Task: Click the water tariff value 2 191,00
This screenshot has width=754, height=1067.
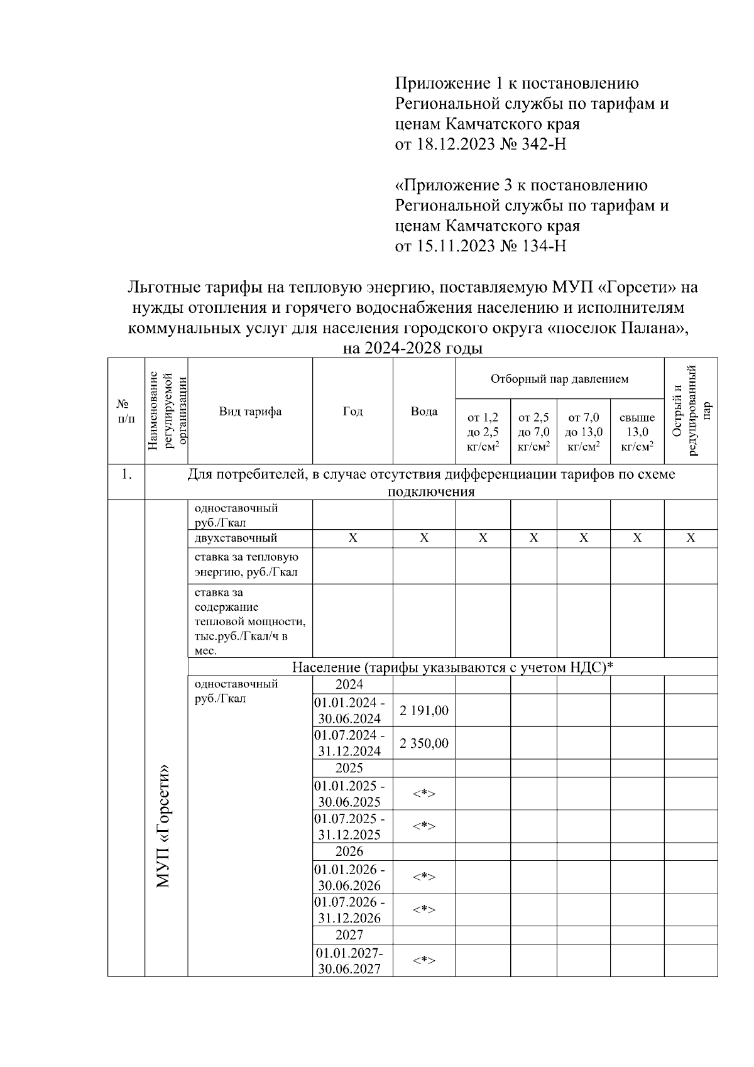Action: (424, 711)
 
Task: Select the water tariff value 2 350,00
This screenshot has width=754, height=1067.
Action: (424, 743)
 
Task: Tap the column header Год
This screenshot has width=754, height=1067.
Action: (352, 412)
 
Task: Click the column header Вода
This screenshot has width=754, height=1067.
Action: (424, 412)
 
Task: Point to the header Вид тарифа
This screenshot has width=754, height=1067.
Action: (250, 412)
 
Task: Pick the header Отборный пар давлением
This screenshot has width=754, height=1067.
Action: (559, 379)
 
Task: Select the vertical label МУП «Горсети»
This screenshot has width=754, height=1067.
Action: (164, 826)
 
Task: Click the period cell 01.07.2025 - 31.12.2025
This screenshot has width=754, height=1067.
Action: (350, 826)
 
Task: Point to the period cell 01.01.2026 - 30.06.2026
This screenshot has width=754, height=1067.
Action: (350, 877)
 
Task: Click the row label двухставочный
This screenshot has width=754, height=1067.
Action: (236, 538)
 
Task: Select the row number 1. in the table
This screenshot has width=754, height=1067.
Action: (126, 475)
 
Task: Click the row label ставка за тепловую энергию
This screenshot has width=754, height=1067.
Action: (247, 564)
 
